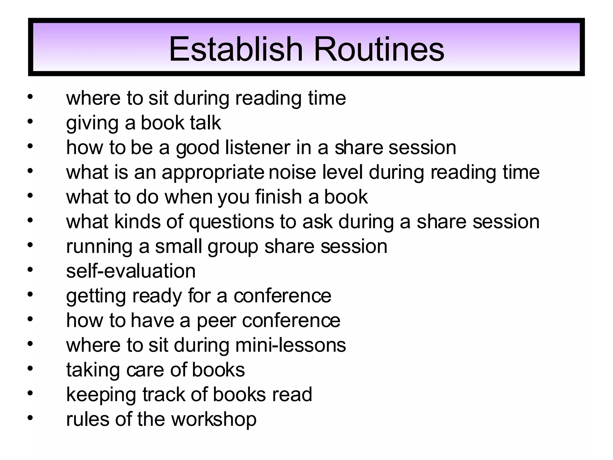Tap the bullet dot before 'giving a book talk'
pyautogui.click(x=30, y=121)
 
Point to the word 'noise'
pyautogui.click(x=292, y=172)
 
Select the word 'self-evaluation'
pyautogui.click(x=131, y=271)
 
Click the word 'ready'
pyautogui.click(x=157, y=296)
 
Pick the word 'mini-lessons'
pyautogui.click(x=290, y=345)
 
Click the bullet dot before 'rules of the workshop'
pyautogui.click(x=30, y=417)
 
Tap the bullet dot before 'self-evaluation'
pyautogui.click(x=30, y=269)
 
